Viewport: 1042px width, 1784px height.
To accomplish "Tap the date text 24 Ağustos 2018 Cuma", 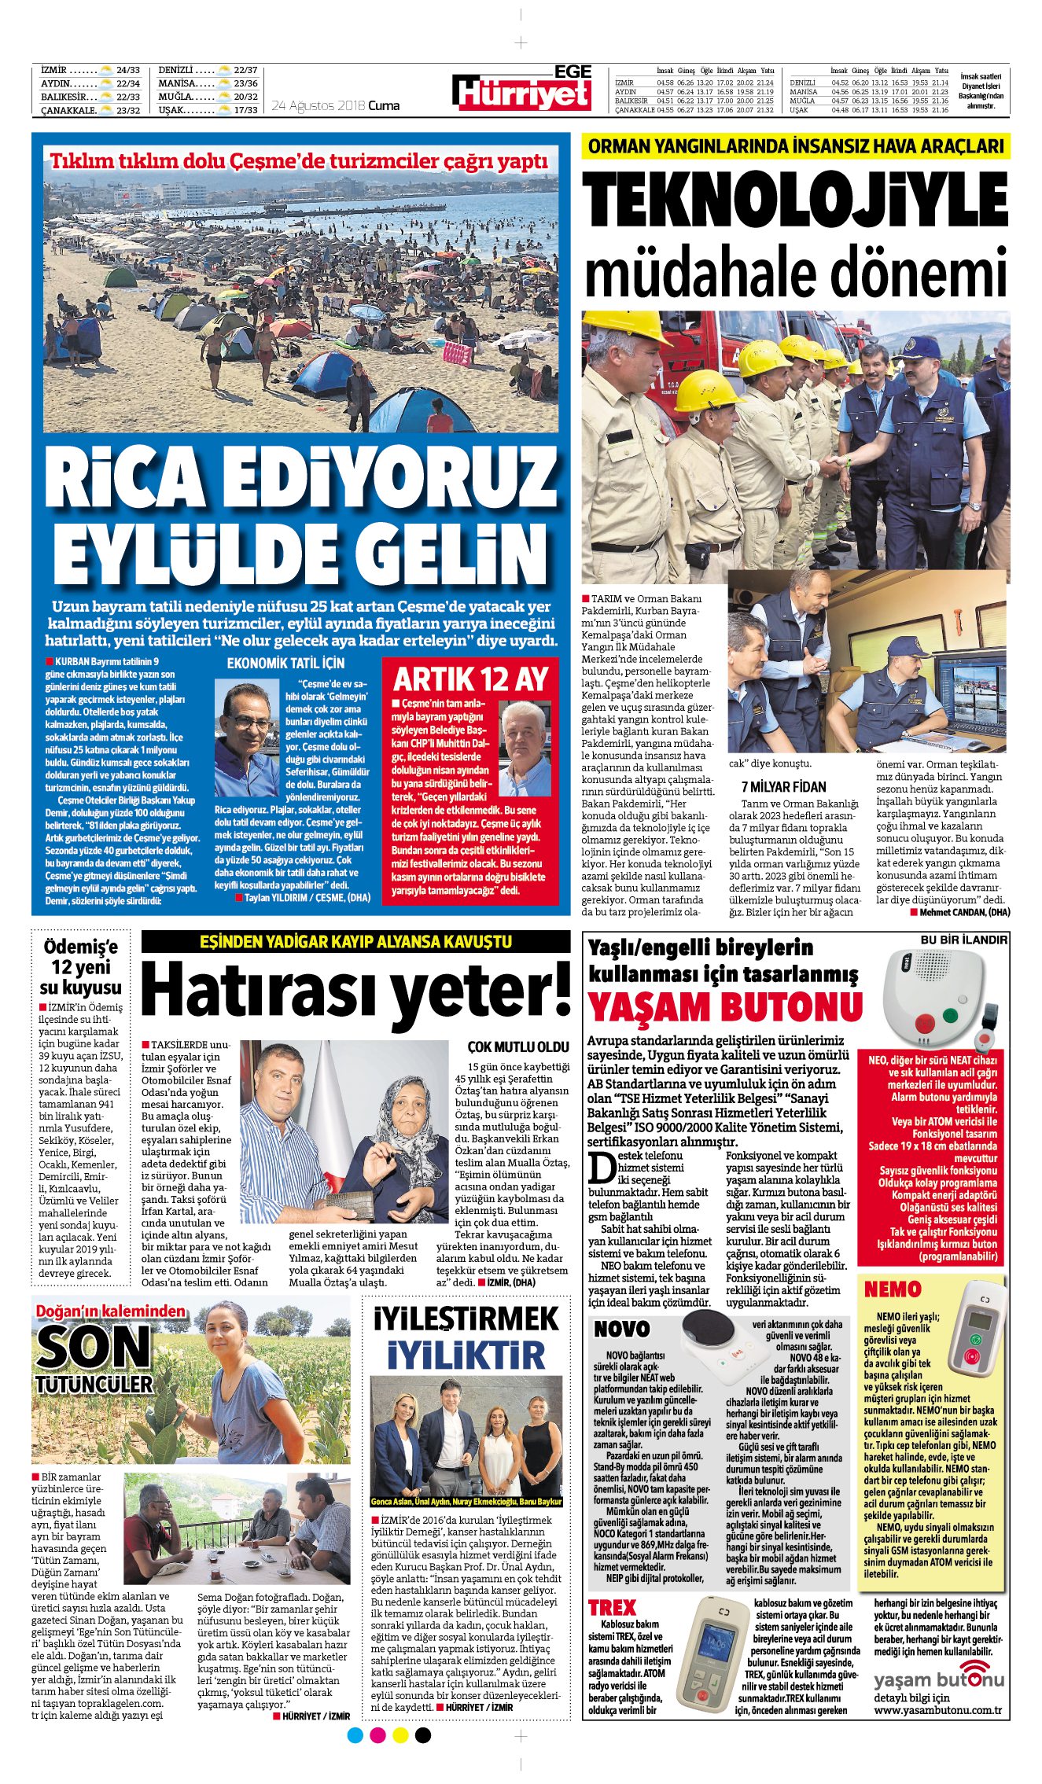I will click(x=335, y=105).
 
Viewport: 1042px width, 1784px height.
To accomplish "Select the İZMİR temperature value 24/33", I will click(x=127, y=70).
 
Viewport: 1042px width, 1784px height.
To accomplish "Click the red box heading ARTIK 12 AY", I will click(x=471, y=678).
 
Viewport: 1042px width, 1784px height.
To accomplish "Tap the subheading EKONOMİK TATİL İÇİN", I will click(x=285, y=663).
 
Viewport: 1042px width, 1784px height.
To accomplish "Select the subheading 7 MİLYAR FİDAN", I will click(x=783, y=786).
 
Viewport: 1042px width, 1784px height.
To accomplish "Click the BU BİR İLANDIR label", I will click(x=963, y=940).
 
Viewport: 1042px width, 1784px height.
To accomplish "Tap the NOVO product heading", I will click(x=621, y=1328).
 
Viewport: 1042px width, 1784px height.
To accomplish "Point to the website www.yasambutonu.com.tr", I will click(x=937, y=1709).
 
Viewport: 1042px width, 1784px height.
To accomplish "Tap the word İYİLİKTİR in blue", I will click(x=466, y=1355).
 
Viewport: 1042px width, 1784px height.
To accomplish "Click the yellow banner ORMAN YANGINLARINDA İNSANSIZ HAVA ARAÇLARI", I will click(x=796, y=146).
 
